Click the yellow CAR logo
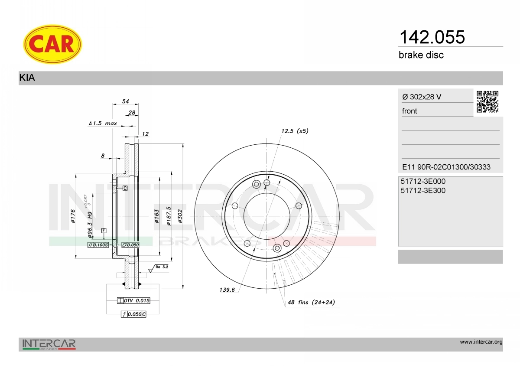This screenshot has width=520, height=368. click(x=52, y=44)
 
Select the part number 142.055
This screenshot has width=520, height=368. click(x=432, y=37)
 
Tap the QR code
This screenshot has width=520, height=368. click(x=487, y=102)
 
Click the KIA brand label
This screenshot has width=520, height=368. click(x=27, y=78)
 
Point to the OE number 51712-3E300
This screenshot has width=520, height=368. click(x=423, y=190)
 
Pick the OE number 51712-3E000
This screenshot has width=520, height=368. click(x=423, y=181)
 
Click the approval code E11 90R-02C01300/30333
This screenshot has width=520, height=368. click(x=446, y=167)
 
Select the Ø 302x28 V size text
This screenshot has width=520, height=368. click(x=422, y=97)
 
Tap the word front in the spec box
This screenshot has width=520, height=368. click(x=409, y=111)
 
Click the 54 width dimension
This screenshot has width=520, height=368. click(x=126, y=101)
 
